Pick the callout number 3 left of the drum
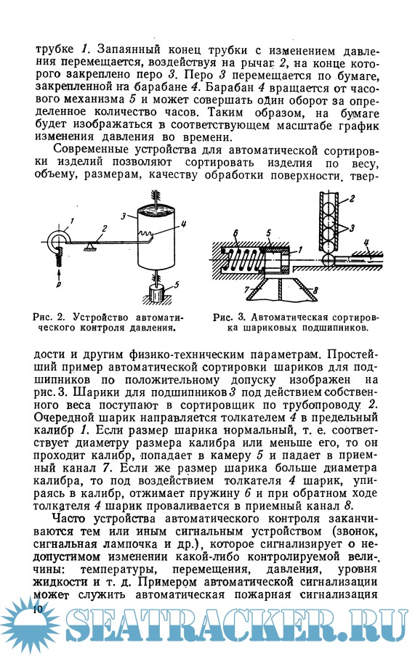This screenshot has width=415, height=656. click(124, 216)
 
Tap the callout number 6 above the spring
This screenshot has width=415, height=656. click(235, 233)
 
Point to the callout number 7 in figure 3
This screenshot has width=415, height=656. click(247, 288)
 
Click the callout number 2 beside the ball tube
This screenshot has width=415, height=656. click(352, 198)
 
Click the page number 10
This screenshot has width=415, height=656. click(37, 609)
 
